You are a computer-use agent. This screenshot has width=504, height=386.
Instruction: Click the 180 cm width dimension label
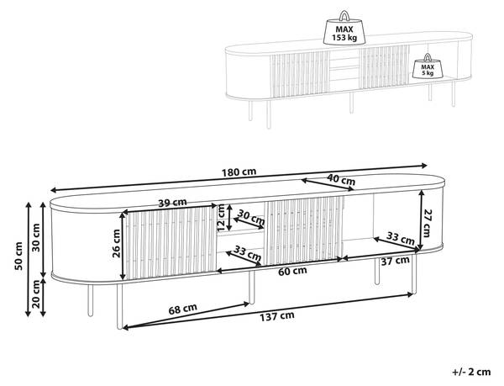click(239, 172)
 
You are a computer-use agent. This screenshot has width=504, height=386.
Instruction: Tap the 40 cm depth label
click(341, 179)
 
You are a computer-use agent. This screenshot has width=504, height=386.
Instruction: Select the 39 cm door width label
click(172, 203)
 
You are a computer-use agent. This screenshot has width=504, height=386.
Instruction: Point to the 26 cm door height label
click(117, 243)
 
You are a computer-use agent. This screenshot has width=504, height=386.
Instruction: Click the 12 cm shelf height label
click(222, 218)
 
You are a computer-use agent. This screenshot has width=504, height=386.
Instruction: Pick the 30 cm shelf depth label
click(251, 218)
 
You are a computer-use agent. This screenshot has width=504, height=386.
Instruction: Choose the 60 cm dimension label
click(292, 271)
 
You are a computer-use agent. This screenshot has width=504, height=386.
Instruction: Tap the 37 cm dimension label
click(396, 261)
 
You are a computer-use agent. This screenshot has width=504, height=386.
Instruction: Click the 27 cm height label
click(427, 223)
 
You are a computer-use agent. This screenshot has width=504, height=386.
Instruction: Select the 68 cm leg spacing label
click(183, 309)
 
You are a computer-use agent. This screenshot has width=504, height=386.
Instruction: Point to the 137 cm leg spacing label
click(277, 316)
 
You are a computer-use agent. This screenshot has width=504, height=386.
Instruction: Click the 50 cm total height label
click(18, 256)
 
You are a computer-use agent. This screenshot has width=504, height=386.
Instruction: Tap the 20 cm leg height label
click(36, 294)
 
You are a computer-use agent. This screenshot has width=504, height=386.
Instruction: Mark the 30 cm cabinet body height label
click(36, 237)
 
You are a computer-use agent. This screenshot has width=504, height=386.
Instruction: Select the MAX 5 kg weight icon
click(428, 66)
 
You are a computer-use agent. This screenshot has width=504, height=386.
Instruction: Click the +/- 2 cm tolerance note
click(471, 373)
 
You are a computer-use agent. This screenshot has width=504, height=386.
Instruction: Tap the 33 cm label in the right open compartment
click(400, 238)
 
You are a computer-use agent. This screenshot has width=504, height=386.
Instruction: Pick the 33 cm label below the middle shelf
click(248, 253)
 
